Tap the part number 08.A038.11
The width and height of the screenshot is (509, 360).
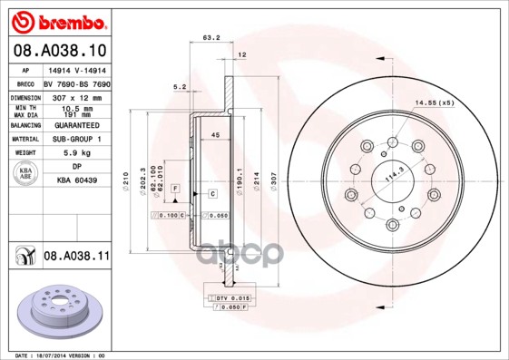[x=75, y=257]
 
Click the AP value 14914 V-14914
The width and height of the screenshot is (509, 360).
[x=75, y=70]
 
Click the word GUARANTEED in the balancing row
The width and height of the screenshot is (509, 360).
[x=75, y=126]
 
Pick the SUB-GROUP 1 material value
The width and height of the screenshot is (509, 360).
[x=75, y=140]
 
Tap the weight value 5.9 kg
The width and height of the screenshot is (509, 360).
[x=75, y=153]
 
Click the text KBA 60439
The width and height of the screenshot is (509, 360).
[x=75, y=180]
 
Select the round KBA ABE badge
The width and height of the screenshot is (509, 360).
[x=25, y=174]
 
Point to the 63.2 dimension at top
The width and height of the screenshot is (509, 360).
[x=210, y=38]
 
